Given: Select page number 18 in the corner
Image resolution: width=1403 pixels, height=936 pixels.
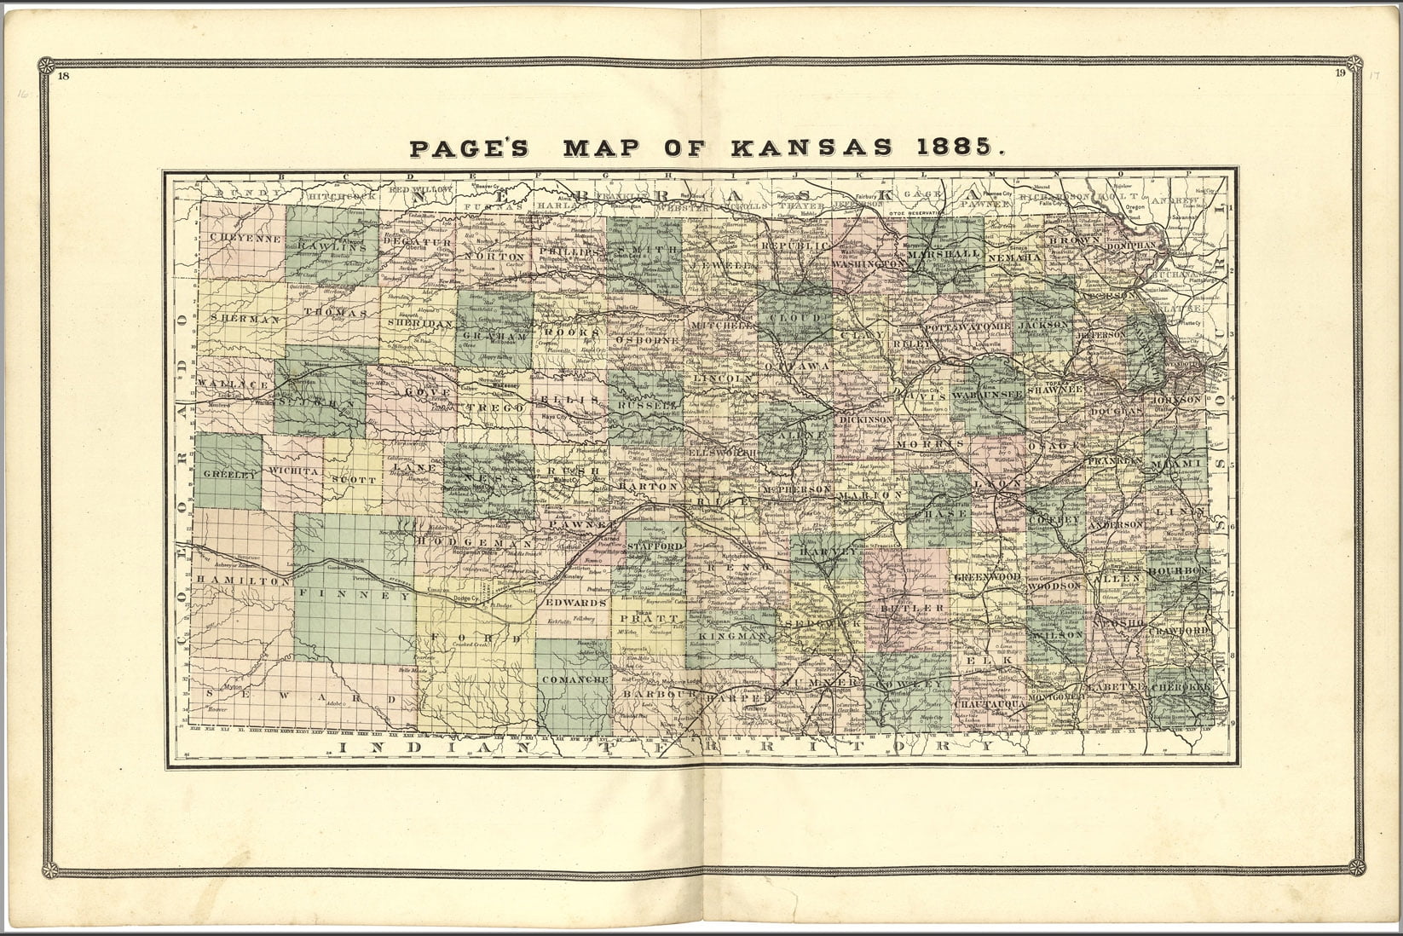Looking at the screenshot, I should pos(64,76).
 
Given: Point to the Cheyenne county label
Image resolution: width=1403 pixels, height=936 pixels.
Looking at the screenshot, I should pos(240,239).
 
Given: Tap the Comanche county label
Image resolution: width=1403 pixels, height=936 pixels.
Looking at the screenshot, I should pos(574,679).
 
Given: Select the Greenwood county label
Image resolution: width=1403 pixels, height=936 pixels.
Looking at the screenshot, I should pos(986,577).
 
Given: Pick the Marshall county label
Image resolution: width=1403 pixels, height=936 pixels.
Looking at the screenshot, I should pos(944,254).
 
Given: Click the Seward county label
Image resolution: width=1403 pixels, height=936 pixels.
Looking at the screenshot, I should pos(300,697).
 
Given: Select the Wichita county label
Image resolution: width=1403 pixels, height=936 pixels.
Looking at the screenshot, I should pos(292,470).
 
